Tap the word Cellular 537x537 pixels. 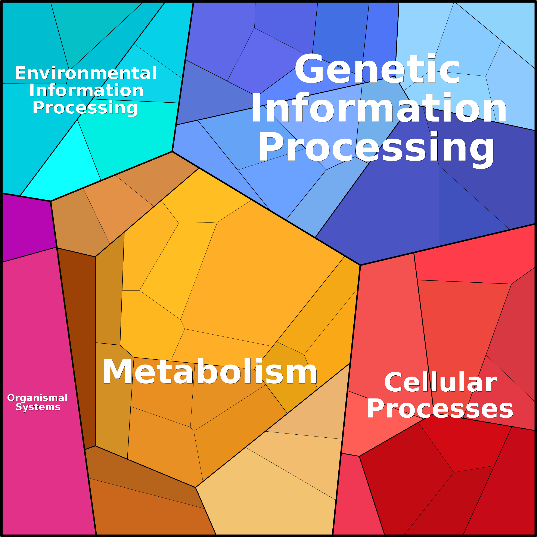point(440,383)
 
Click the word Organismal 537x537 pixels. point(38,398)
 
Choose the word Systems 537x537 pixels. point(38,407)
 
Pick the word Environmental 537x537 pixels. point(86,73)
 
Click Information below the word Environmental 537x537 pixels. point(86,90)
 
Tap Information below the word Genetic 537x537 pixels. point(379,108)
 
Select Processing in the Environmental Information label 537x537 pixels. point(85,108)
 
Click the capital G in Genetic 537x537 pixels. point(309,69)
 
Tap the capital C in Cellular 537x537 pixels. point(392,383)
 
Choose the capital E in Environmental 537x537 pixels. point(20,73)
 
